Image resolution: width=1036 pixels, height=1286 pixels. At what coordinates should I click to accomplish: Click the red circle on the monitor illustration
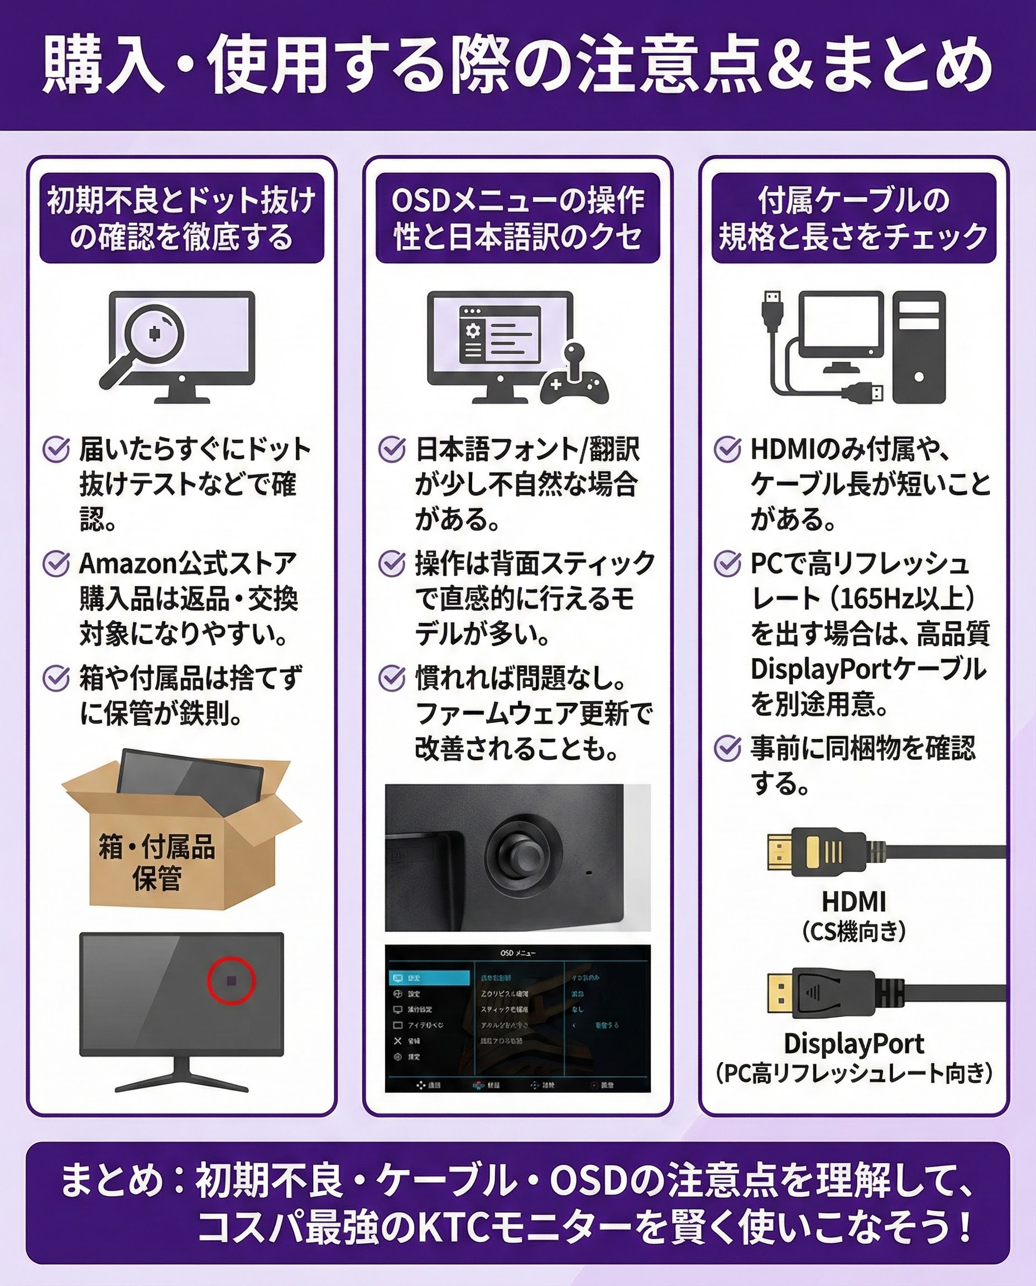231,980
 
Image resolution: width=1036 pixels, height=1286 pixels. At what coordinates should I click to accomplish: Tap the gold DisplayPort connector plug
779,993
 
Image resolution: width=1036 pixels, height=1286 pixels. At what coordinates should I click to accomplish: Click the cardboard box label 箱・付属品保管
156,862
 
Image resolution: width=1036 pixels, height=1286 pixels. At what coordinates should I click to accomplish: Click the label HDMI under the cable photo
853,901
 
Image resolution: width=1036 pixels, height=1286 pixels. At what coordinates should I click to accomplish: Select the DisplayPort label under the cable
853,1043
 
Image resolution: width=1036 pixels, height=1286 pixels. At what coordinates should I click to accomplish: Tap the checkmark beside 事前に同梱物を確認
727,748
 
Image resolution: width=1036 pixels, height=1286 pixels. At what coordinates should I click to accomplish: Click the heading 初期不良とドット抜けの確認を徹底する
181,218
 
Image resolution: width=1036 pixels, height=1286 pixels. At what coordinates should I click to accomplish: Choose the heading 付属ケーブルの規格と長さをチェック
853,218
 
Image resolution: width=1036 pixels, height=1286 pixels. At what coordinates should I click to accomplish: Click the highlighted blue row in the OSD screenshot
430,978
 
